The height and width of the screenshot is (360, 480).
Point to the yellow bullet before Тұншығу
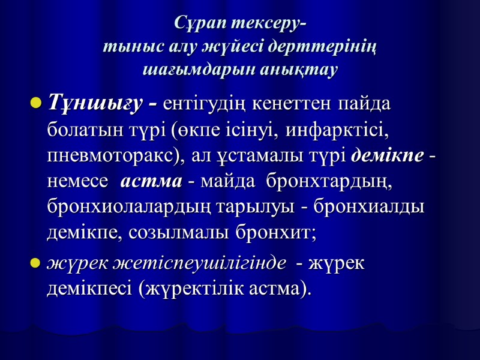[35, 104]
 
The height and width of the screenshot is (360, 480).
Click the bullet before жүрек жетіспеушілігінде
[35, 263]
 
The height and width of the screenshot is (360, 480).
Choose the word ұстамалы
[252, 155]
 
